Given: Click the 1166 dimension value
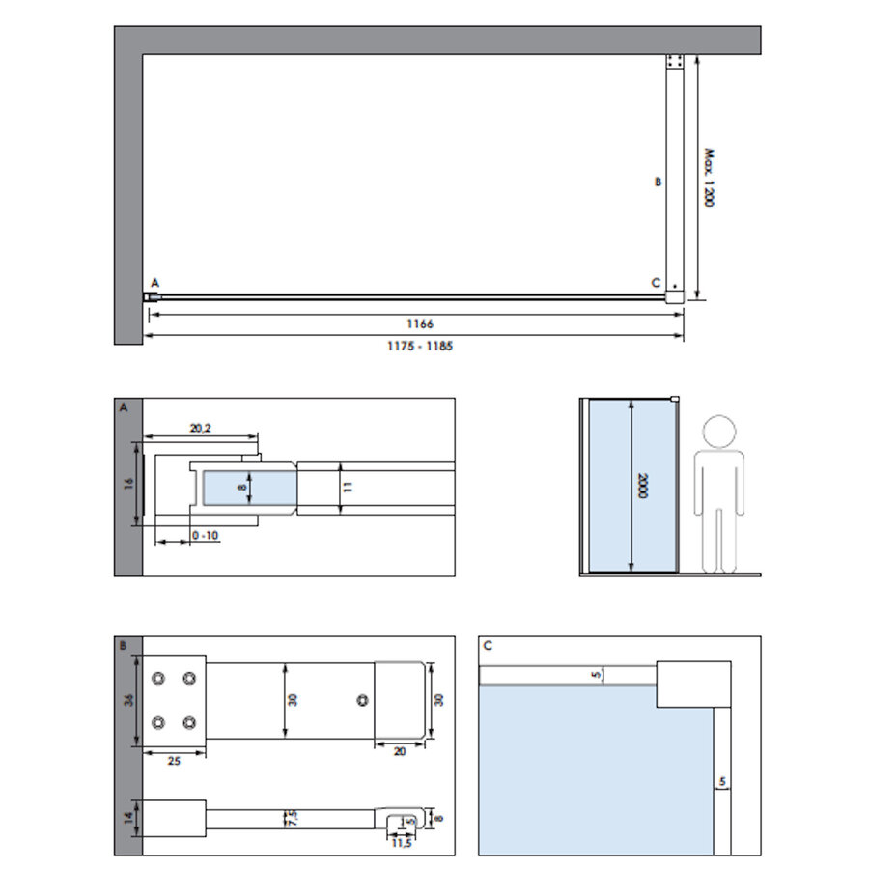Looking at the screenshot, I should (x=413, y=324).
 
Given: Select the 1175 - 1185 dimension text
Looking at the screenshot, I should (x=413, y=346).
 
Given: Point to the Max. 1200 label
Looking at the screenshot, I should (x=708, y=178).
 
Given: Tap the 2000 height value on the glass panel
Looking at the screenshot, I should (x=641, y=486).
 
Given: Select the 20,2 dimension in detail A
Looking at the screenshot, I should (x=201, y=427).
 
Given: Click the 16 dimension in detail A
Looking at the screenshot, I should (x=128, y=483).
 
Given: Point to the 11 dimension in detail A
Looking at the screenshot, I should (x=349, y=487).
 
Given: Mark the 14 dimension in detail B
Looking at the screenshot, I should (x=128, y=819).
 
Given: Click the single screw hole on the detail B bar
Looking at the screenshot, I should (x=362, y=701).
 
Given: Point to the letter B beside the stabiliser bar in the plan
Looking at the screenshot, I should (x=658, y=182).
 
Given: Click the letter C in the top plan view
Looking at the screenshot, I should (x=656, y=283).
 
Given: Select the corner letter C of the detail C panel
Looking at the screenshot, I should (x=488, y=645).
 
